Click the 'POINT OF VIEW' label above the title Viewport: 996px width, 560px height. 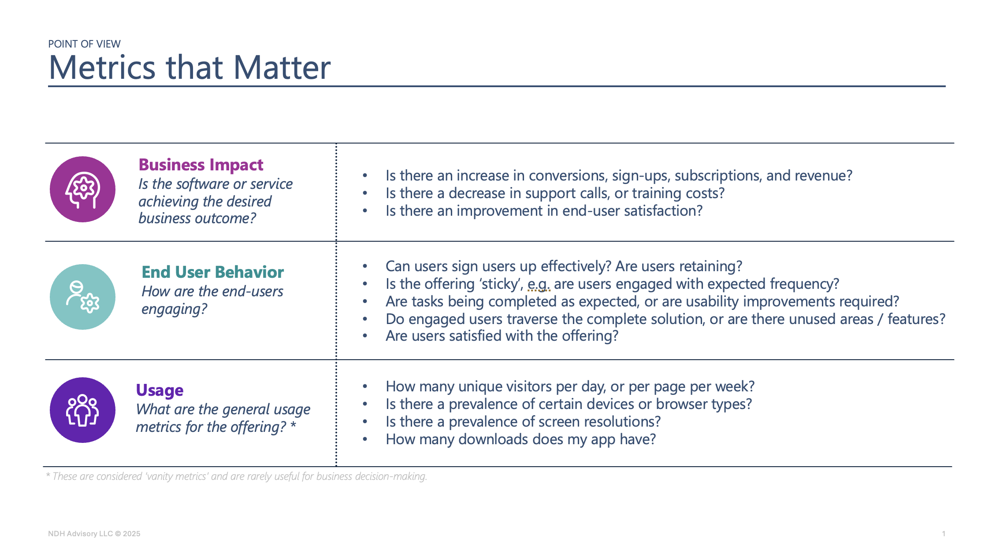[84, 44]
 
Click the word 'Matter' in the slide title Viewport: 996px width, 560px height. [282, 68]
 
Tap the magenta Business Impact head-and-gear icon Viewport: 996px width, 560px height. [82, 189]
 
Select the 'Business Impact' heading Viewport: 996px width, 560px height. [201, 165]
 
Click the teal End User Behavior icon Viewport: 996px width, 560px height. [82, 297]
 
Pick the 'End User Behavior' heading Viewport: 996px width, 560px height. [212, 272]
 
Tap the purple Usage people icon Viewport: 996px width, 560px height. [82, 410]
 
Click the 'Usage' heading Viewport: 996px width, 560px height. [160, 391]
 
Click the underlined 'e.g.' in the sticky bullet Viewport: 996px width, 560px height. [539, 284]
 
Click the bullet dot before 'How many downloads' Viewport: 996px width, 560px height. [365, 439]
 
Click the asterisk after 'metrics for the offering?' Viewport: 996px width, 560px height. [293, 425]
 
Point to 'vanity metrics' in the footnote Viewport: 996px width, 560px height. [177, 476]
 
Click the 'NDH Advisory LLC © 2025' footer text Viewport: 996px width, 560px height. [94, 534]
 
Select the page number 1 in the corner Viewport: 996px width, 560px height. [944, 534]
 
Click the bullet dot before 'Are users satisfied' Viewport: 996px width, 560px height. [365, 336]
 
